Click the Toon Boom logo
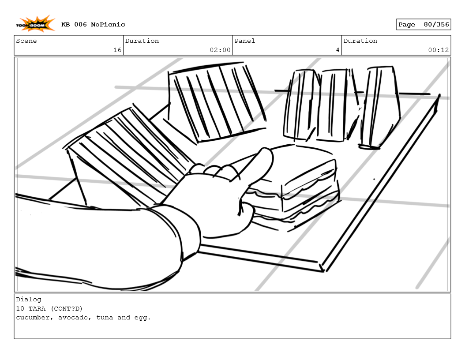36,24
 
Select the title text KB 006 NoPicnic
93,25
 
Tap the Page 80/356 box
423,25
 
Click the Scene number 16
117,50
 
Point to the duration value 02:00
220,50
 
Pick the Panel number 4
337,50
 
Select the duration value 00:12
438,50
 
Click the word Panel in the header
245,41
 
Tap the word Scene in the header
26,41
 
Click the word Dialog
29,300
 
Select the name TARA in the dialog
37,308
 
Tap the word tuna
105,317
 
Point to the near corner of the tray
321,267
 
